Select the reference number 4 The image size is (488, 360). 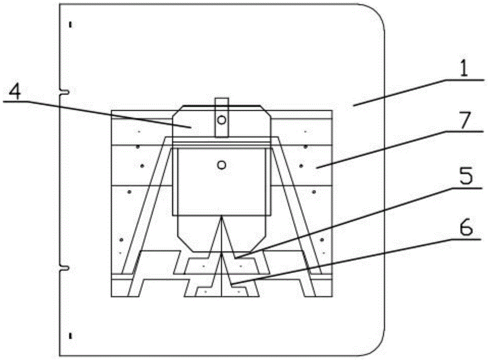click(16, 91)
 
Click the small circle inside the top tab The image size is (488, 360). click(222, 119)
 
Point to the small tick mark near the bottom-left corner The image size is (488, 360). click(71, 336)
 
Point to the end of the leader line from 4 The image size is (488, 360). click(191, 126)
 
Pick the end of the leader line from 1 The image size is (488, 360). click(355, 104)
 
